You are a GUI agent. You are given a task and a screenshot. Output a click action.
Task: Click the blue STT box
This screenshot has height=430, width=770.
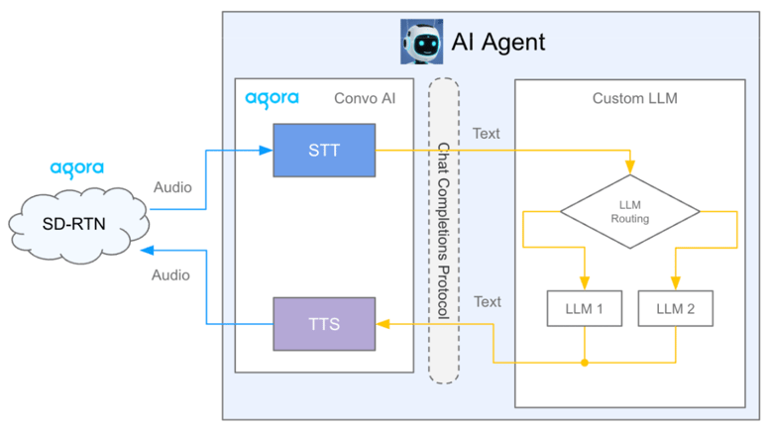tap(324, 151)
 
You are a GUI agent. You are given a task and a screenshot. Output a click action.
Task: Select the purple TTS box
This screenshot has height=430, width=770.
tap(324, 323)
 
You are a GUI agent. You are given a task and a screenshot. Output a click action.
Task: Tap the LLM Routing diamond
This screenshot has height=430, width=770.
tap(629, 211)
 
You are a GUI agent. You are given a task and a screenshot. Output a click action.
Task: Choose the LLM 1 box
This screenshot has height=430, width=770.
tap(584, 309)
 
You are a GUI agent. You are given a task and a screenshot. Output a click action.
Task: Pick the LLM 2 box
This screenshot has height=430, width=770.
tap(675, 309)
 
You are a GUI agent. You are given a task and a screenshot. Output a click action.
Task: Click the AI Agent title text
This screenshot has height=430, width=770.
tap(498, 43)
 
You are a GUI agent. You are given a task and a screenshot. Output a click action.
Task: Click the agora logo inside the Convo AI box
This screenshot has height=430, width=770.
tap(271, 99)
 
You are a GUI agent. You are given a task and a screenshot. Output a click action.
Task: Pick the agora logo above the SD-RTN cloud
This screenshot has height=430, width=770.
tap(77, 168)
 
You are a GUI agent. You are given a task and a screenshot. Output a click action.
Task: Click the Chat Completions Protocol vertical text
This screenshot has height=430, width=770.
tap(444, 230)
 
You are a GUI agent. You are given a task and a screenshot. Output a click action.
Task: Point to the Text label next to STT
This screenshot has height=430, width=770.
tap(488, 133)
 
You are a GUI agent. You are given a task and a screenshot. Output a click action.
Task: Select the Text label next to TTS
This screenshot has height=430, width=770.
tap(488, 301)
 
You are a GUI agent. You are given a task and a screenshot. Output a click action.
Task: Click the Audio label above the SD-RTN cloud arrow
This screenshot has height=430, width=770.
tap(172, 187)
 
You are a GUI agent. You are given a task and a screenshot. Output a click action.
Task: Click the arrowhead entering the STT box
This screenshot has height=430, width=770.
tap(267, 151)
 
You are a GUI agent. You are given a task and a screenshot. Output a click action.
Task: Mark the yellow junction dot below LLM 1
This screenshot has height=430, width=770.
tap(585, 363)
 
